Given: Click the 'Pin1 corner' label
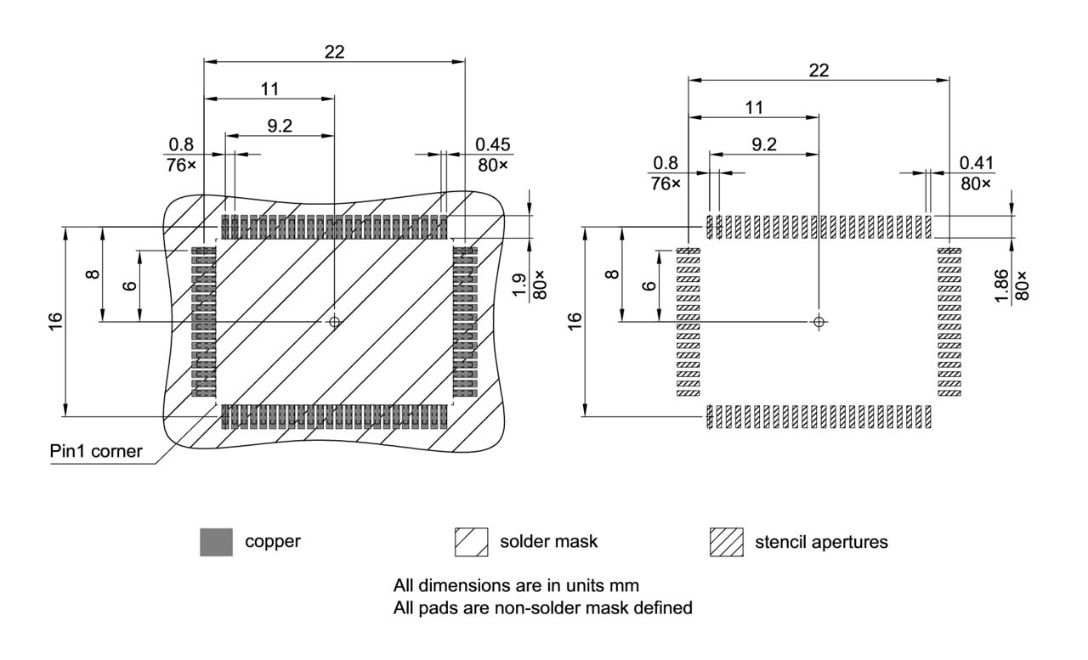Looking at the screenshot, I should click(x=94, y=451).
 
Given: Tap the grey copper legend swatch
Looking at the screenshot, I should click(x=216, y=542).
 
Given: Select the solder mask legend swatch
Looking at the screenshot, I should click(x=471, y=542).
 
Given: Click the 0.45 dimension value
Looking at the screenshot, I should click(x=494, y=145).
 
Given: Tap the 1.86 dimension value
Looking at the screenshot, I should click(x=1000, y=285).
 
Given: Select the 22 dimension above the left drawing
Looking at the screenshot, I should click(x=334, y=51).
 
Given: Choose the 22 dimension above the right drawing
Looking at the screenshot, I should click(x=819, y=70).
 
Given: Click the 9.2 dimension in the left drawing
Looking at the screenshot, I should click(x=280, y=126).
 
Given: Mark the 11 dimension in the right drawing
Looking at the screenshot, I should click(x=753, y=107).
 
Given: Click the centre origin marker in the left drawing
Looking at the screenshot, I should click(x=334, y=322).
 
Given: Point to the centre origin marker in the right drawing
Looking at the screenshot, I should click(x=819, y=322).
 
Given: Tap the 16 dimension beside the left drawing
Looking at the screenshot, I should click(x=55, y=321).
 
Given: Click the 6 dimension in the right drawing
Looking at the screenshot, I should click(x=649, y=285).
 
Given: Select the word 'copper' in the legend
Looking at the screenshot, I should click(x=273, y=542).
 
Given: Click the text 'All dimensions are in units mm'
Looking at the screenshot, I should click(x=516, y=585).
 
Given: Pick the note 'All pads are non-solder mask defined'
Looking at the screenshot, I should click(x=543, y=607).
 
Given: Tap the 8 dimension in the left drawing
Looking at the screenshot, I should click(x=93, y=274).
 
